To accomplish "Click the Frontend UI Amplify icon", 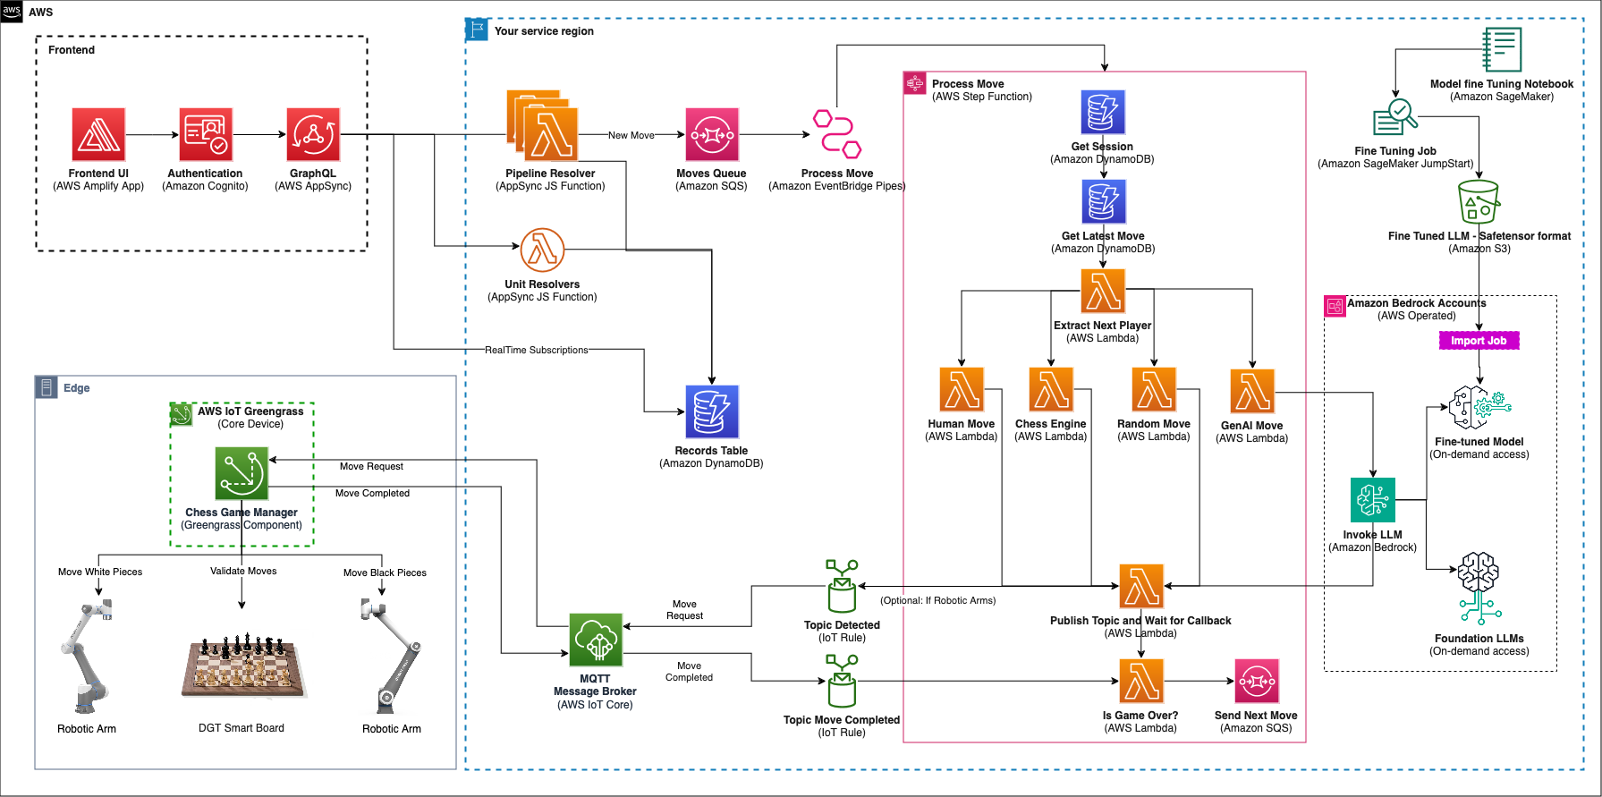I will tap(98, 135).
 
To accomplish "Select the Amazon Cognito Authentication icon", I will tap(206, 135).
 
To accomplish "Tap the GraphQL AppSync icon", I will tap(313, 135).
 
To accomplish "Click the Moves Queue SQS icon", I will tap(712, 135).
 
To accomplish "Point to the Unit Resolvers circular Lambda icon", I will tap(542, 250).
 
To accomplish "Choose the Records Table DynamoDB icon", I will tap(712, 411).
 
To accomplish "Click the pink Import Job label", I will tap(1479, 341).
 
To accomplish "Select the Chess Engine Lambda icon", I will tap(1051, 389).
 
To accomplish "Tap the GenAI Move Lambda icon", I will tap(1252, 392).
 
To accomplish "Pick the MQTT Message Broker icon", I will tap(596, 640).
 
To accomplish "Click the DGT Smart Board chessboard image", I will tap(242, 666).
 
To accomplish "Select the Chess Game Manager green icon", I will tap(242, 473).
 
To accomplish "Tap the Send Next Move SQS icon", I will tap(1257, 682).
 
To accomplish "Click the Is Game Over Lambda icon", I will tap(1141, 682).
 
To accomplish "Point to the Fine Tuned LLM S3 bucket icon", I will tap(1479, 202).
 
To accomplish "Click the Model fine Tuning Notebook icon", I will tap(1502, 49).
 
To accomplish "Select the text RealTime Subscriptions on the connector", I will tap(536, 350).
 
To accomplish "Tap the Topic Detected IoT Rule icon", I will tap(842, 587).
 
